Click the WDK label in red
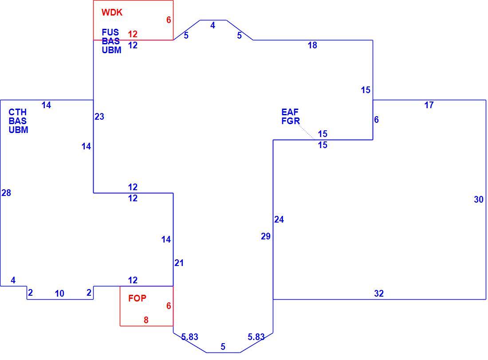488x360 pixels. coord(112,12)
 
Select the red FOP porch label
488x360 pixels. coord(137,298)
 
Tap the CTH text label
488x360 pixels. coord(17,112)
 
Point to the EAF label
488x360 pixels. coord(290,112)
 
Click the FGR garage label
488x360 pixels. coord(291,121)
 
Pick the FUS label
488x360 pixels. coord(110,32)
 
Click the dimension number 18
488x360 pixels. coord(312,45)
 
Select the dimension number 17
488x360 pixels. coord(429,105)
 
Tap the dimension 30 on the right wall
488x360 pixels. coord(479,200)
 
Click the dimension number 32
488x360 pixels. coord(379,293)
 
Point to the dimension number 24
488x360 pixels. coord(279,219)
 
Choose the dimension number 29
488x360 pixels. coord(265,236)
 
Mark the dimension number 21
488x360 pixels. coord(179,263)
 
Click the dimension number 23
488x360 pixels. coord(99,117)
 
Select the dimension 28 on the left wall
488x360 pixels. coord(6,193)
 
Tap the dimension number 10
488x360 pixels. coord(59,293)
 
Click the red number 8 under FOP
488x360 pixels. coord(146,320)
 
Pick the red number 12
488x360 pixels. coord(133,34)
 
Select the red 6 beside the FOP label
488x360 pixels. coord(169,306)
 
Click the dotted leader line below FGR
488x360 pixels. coord(307,133)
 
